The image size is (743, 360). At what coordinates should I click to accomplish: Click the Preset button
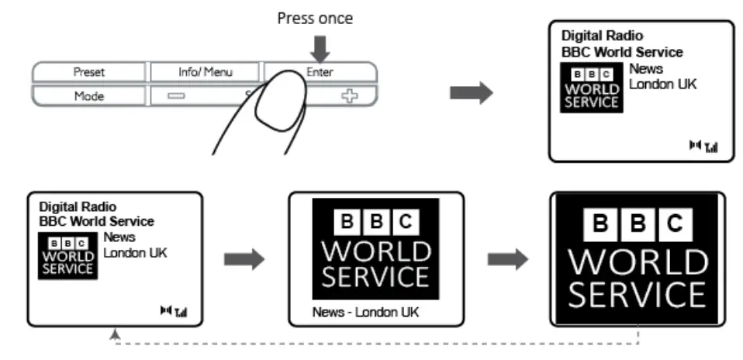point(88,72)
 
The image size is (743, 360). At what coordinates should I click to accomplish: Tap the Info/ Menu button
point(205,72)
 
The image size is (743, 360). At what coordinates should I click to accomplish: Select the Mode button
point(88,95)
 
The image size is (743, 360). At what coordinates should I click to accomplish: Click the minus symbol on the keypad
point(176,95)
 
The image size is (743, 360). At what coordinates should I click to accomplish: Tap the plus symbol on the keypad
point(349,96)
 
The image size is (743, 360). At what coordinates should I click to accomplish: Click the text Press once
point(315,19)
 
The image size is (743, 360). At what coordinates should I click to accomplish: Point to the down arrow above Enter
point(321,48)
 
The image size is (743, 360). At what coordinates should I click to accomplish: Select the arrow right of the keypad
point(472,92)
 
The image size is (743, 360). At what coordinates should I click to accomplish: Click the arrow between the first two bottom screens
point(244,259)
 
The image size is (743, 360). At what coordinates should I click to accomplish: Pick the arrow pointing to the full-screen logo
point(508,259)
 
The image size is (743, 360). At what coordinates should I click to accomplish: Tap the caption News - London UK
point(365,312)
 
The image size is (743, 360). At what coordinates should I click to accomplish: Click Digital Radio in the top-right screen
point(603,36)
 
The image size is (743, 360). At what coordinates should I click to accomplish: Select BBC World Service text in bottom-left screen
point(97,221)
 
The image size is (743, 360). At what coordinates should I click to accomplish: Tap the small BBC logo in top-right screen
point(591,88)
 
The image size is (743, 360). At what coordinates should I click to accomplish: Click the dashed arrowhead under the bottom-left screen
point(115,334)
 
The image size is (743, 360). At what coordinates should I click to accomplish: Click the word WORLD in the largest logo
point(638,261)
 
